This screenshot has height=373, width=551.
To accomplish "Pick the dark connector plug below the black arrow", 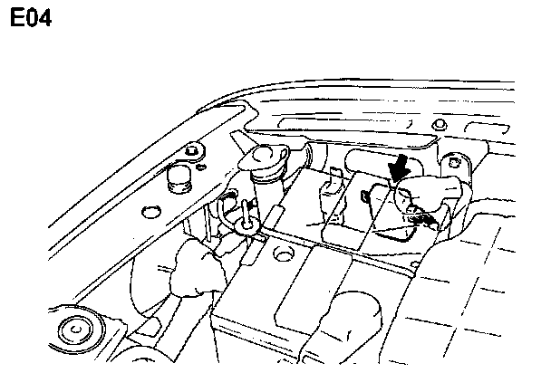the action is coord(419,215).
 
